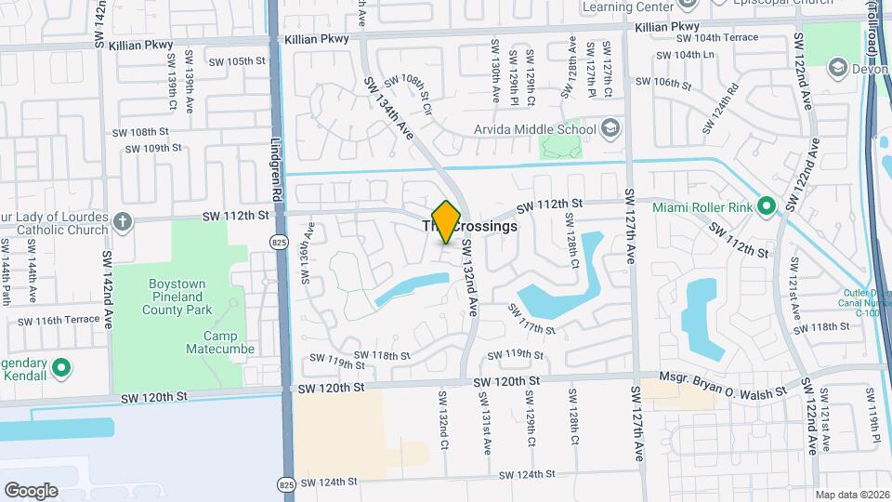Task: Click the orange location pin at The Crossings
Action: (x=447, y=221)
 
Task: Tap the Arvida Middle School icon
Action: (x=610, y=126)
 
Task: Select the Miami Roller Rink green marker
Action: (x=767, y=205)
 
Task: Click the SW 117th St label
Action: (x=531, y=320)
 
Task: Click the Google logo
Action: (x=31, y=490)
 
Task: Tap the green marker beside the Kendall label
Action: (x=62, y=368)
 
